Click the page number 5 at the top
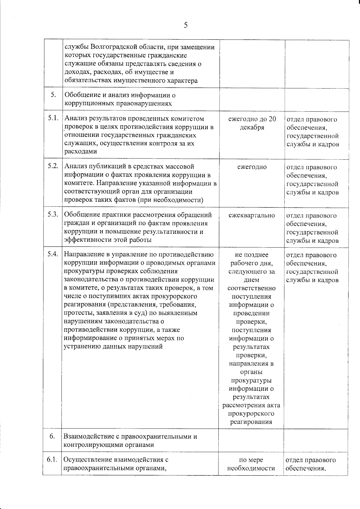pyautogui.click(x=186, y=25)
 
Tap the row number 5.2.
pyautogui.click(x=52, y=166)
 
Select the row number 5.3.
pyautogui.click(x=52, y=215)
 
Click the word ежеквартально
pyautogui.click(x=252, y=215)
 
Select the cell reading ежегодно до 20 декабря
pyautogui.click(x=252, y=123)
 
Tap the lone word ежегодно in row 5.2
pyautogui.click(x=252, y=167)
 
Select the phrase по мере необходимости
pyautogui.click(x=251, y=464)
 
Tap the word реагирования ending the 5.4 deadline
pyautogui.click(x=251, y=422)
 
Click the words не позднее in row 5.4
pyautogui.click(x=251, y=255)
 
